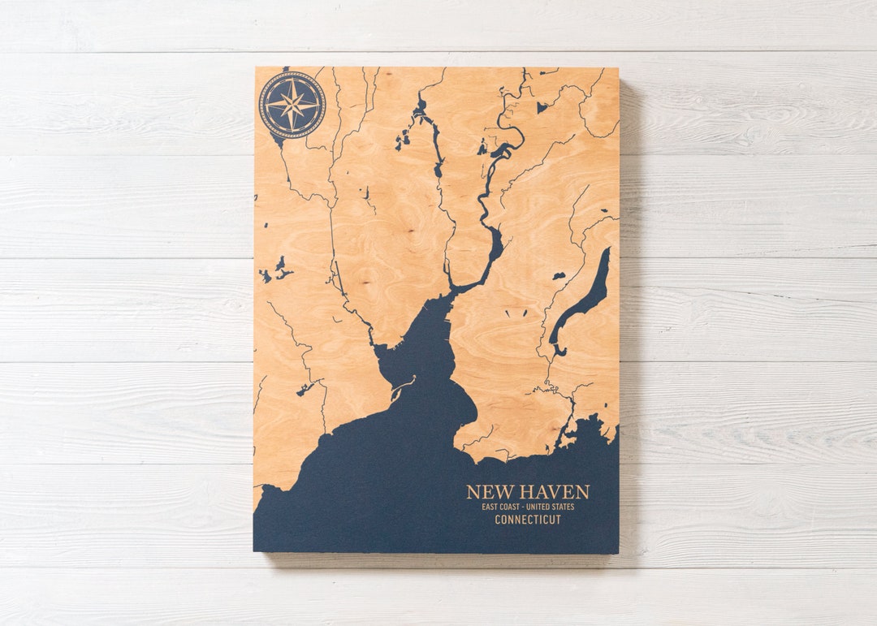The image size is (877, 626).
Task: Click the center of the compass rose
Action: tap(292, 104)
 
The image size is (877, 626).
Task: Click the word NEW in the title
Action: tap(489, 492)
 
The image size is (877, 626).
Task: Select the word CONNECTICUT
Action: tap(528, 520)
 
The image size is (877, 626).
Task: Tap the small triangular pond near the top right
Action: tap(542, 107)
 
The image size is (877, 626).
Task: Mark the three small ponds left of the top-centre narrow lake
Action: tap(402, 140)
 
